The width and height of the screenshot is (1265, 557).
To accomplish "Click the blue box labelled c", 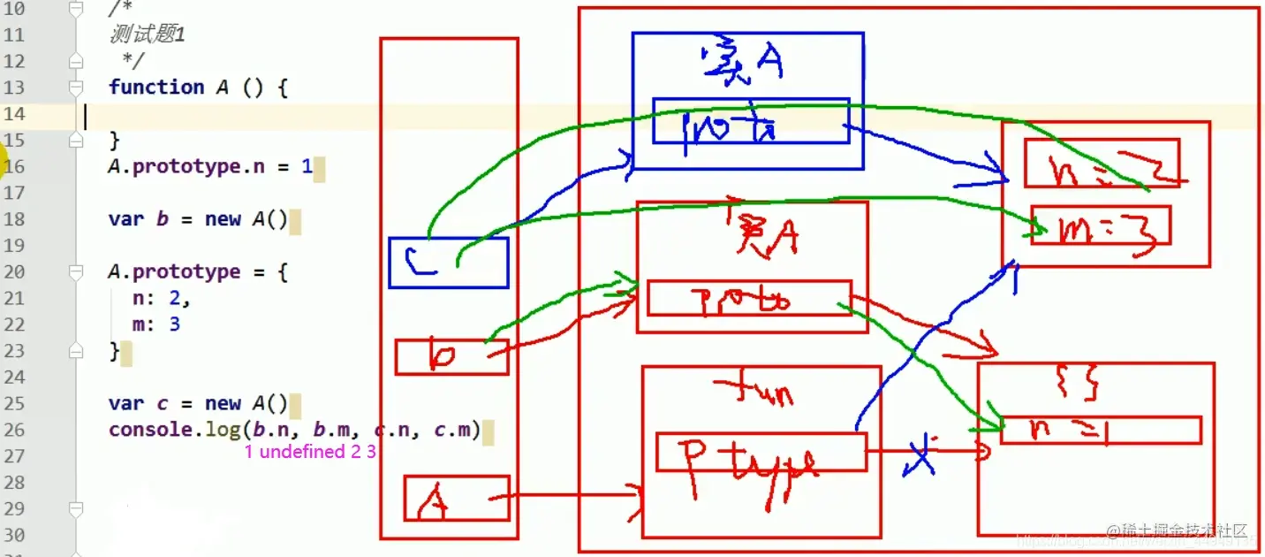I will (x=449, y=263).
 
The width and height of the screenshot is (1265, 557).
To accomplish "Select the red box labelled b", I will (x=451, y=357).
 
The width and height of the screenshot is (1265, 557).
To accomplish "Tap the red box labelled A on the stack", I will (x=457, y=499).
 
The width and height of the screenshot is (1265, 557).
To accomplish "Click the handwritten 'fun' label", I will (x=754, y=388).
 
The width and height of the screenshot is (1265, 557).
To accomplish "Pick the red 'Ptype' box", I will (x=761, y=452).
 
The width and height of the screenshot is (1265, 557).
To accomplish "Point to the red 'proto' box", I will (x=748, y=298).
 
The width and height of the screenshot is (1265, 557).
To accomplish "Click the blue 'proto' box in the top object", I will (x=750, y=121).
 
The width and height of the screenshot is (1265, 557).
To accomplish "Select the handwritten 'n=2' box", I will (x=1101, y=164).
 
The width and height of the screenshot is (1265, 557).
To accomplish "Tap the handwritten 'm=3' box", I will (x=1100, y=225).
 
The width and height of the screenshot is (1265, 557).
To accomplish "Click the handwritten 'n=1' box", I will (x=1100, y=430).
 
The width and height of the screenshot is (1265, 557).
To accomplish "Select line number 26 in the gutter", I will (x=15, y=431).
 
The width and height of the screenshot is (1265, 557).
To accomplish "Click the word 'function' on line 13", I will (x=156, y=88).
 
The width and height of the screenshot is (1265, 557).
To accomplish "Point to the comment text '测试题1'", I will (x=147, y=35).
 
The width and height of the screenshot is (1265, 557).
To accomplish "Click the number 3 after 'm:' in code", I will (x=175, y=324).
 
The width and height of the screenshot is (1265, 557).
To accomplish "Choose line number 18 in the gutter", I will (x=15, y=219).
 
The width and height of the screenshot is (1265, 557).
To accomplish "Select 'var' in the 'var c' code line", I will (x=125, y=404).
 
